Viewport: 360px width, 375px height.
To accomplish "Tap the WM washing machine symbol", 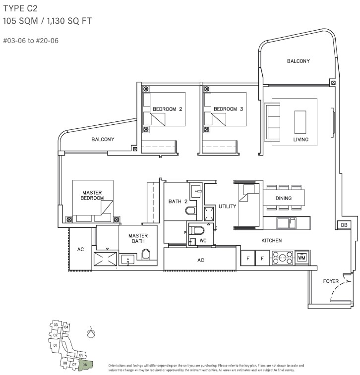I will (301, 258).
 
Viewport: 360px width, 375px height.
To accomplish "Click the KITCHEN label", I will (271, 240).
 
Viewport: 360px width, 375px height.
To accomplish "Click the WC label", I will (202, 241).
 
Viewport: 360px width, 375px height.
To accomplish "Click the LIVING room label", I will (300, 140).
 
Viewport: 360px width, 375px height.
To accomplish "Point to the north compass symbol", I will (91, 333).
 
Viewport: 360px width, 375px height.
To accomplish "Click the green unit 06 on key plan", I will (85, 365).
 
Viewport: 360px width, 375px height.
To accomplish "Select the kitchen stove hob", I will (282, 258).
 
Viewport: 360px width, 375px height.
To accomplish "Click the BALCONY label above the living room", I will (298, 61).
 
